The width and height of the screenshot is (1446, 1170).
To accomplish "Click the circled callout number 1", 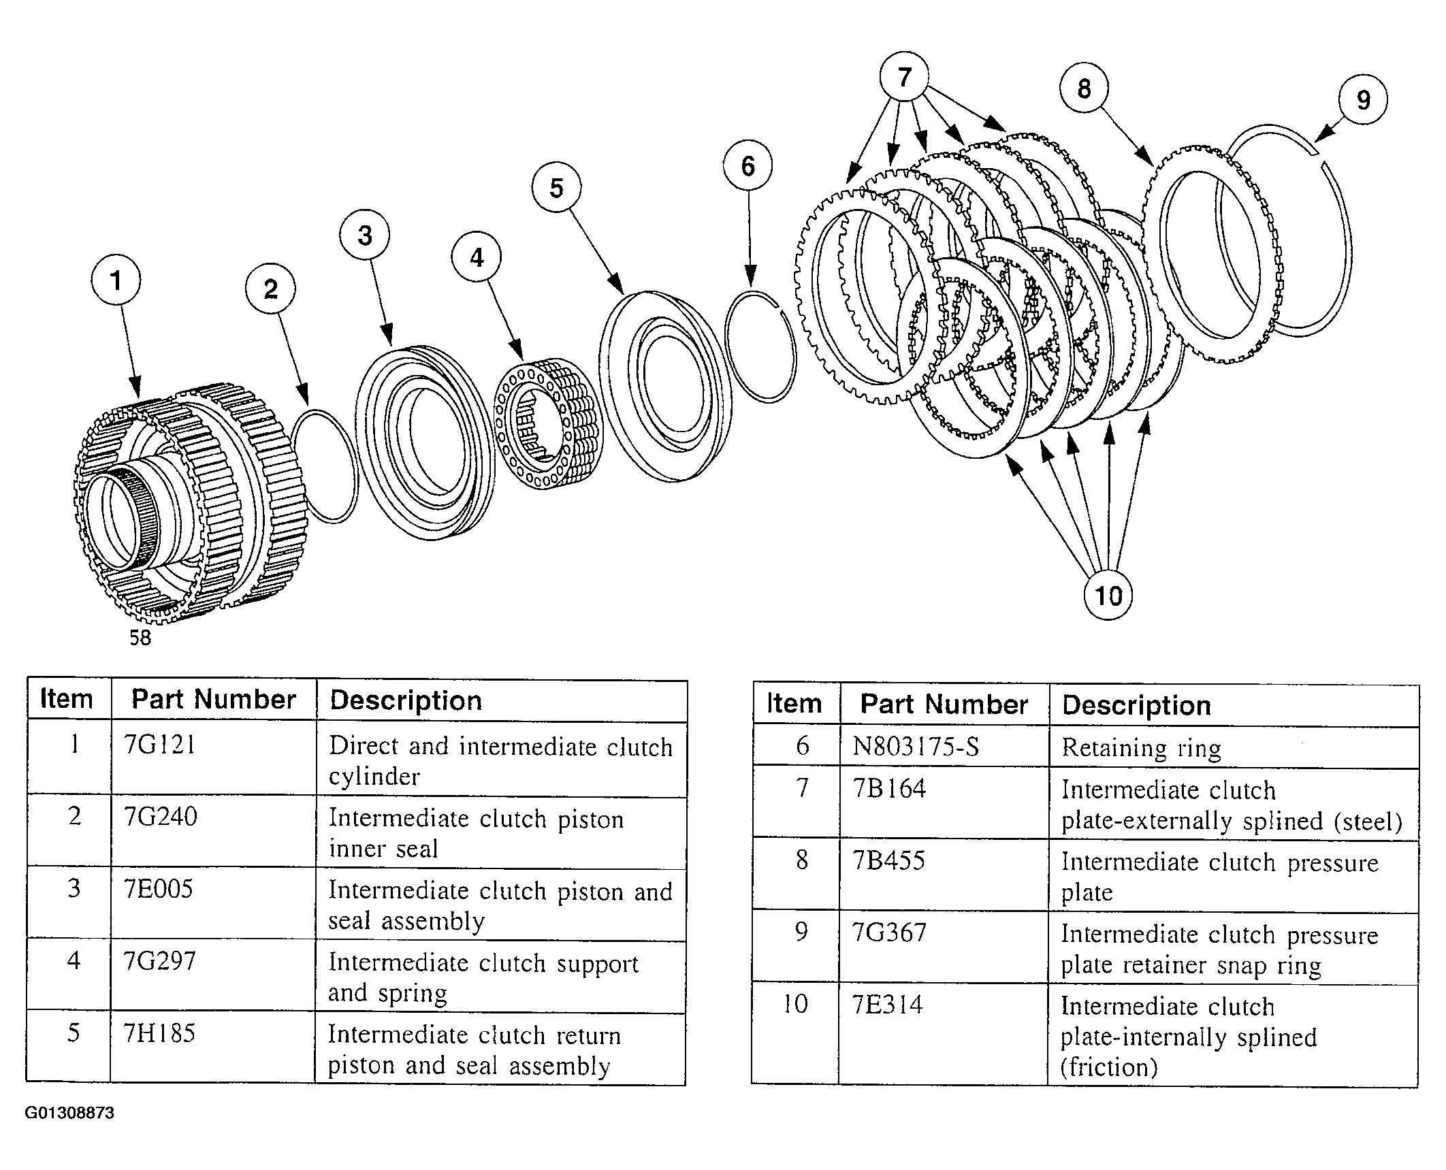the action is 116,280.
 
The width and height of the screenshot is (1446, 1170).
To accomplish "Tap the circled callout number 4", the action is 477,258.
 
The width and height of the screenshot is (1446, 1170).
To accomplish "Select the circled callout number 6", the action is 748,165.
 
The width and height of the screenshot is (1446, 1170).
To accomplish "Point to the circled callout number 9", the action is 1363,100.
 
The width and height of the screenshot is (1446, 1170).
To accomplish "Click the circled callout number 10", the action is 1108,596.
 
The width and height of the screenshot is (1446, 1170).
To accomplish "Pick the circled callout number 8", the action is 1084,88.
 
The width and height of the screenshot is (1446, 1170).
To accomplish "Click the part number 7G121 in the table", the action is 160,745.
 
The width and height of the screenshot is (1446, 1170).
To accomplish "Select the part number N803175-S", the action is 916,747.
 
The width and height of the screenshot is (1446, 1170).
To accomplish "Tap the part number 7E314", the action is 888,1005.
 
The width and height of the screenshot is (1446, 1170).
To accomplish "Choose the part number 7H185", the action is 159,1033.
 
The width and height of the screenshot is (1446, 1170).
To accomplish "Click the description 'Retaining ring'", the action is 1142,749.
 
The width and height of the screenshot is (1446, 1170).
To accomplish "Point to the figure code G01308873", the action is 69,1114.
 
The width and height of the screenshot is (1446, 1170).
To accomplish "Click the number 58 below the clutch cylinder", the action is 140,638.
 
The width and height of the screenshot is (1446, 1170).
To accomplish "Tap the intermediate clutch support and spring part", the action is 548,422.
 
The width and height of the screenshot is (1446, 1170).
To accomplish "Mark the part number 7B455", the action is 889,860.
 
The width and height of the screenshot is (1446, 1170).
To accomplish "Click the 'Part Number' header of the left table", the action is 214,699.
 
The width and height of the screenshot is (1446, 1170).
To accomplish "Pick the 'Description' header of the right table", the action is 1136,705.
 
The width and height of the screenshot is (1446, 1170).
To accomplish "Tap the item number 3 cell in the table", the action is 74,889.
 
